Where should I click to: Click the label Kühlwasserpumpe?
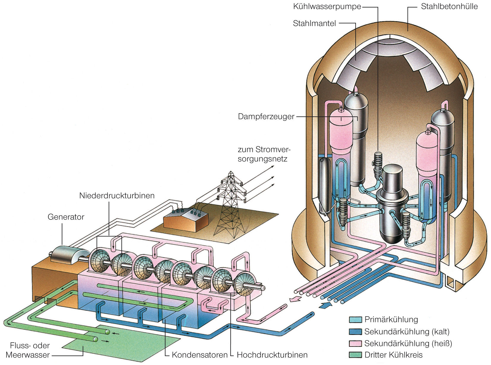327,7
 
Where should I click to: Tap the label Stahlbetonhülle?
449,7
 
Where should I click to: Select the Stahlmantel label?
314,23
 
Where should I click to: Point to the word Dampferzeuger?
266,116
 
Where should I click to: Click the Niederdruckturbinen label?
117,196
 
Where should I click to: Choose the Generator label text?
66,217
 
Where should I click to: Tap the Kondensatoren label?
199,355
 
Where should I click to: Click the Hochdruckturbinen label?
272,355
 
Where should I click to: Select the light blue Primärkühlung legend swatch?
355,320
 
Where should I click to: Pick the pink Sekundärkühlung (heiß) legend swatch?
355,344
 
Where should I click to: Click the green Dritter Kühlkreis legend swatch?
355,355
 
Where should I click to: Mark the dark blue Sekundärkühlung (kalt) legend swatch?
355,332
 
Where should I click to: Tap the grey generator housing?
70,254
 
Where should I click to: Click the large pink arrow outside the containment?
295,299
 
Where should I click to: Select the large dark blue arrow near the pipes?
326,305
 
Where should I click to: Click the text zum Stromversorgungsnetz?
264,154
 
